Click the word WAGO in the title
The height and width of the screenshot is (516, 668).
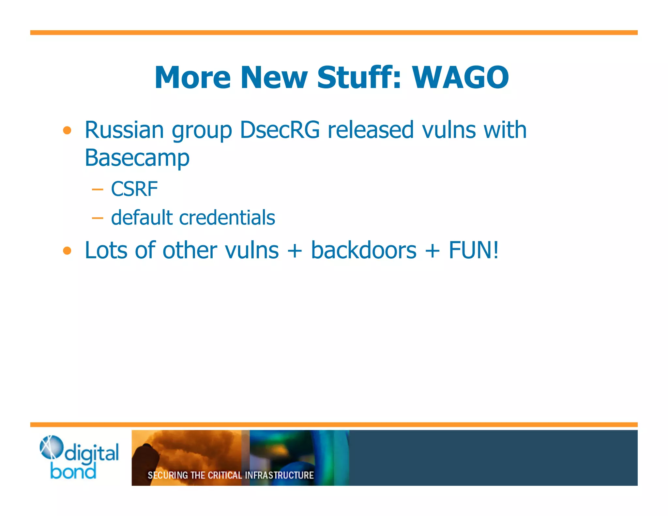[x=460, y=77]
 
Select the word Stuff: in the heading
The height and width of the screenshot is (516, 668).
[x=359, y=77]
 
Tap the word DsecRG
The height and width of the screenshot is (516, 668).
[x=280, y=130]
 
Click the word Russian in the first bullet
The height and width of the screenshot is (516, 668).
[x=124, y=130]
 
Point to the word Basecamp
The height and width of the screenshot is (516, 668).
[x=137, y=158]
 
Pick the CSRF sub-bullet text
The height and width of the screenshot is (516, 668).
[x=134, y=189]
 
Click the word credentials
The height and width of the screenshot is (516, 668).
[x=227, y=218]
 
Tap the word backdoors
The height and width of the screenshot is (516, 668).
[x=364, y=250]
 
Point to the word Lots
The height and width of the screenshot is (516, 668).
[x=106, y=250]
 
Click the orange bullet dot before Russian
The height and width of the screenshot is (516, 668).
[x=67, y=131]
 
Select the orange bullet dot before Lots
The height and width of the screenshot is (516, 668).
[x=67, y=251]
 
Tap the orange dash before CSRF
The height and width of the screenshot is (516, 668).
[x=98, y=189]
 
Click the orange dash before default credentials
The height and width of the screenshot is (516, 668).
[x=98, y=218]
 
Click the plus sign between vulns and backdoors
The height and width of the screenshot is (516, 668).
[x=295, y=251]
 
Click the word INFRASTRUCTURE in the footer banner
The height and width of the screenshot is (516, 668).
[x=279, y=475]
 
